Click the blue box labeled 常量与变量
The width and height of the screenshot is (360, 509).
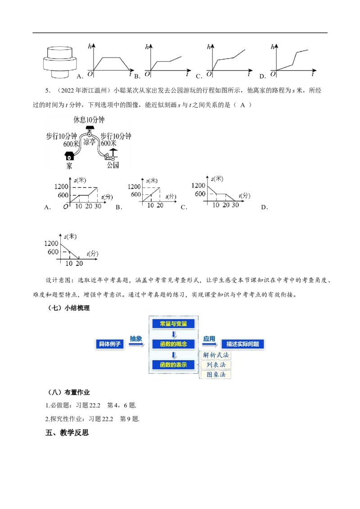[x=174, y=324]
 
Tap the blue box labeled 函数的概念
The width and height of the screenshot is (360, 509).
[x=174, y=344]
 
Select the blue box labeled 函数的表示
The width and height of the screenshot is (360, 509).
[x=174, y=365]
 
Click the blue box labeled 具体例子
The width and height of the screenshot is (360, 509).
[x=110, y=344]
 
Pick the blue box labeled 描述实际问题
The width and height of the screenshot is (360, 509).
[x=243, y=344]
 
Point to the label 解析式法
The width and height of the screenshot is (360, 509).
[x=216, y=355]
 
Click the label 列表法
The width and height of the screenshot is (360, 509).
[x=216, y=365]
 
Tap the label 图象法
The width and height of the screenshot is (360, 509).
[x=216, y=375]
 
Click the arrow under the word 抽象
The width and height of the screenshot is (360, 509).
[x=136, y=344]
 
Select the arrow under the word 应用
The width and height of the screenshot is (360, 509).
[x=210, y=344]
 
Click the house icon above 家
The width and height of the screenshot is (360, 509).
[x=70, y=156]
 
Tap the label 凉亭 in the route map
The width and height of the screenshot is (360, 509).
[x=90, y=142]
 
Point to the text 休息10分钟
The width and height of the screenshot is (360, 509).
[x=89, y=120]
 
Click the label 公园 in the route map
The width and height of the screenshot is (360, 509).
[x=113, y=165]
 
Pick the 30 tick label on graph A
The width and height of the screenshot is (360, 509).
[x=98, y=206]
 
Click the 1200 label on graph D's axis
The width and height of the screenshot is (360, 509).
[x=51, y=243]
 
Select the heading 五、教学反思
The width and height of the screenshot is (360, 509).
[x=67, y=433]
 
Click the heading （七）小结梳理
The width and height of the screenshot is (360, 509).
[x=68, y=308]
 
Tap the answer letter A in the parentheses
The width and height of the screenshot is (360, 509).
[x=243, y=105]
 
